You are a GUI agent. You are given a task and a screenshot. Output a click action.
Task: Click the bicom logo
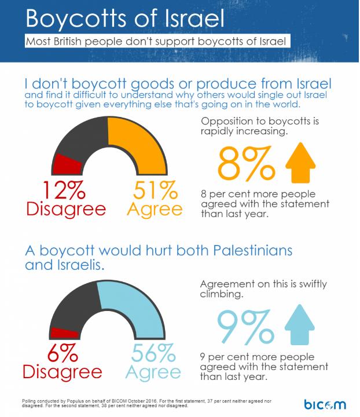point(325,403)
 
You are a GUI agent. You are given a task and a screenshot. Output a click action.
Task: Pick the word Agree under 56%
point(153,371)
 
